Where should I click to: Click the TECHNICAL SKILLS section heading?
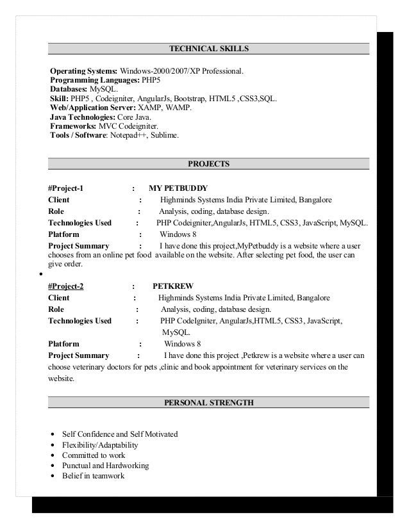tap(208, 48)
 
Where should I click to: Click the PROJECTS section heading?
tap(208, 164)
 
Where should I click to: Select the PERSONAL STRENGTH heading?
tap(208, 403)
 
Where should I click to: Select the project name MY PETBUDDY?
tap(178, 188)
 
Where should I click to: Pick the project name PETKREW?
tap(173, 286)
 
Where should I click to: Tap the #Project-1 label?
tap(66, 188)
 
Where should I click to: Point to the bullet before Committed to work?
tap(52, 456)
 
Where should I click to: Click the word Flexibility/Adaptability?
tap(100, 445)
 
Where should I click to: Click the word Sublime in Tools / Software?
tap(166, 136)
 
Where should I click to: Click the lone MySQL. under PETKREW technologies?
tap(176, 332)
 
